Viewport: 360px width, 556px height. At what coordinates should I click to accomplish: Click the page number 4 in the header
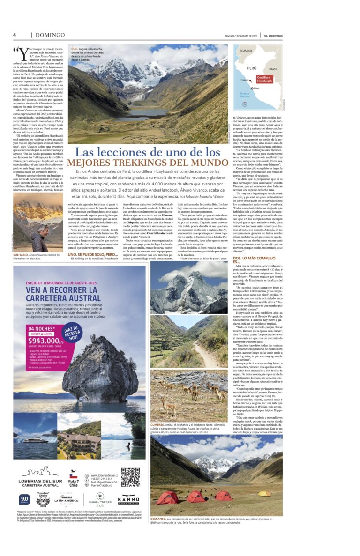point(15,35)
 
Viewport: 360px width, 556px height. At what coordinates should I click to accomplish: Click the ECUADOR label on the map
point(247,50)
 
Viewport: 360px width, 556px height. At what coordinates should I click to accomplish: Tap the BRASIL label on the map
point(273,69)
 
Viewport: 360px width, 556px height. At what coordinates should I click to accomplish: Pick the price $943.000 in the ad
point(41,326)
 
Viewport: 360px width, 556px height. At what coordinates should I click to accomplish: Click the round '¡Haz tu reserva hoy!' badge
point(71,320)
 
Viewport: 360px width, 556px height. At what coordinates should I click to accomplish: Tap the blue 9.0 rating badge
point(24,500)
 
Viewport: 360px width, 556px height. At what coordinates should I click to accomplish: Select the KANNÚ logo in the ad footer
point(128,500)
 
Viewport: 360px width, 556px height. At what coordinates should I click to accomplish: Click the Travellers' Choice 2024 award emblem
point(43,500)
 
